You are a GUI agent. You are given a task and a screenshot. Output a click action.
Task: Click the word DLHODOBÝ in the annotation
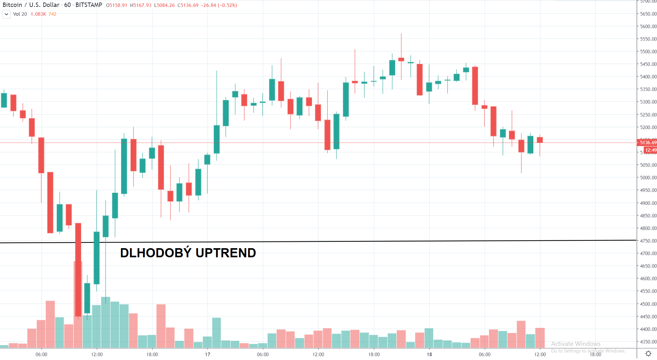[155, 253]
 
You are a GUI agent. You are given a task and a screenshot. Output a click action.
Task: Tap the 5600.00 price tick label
[648, 26]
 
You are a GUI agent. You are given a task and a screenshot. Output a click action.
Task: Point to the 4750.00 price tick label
[648, 241]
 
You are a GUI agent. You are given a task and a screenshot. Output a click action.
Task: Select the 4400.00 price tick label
[648, 329]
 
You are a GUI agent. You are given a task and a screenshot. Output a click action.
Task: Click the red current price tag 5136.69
[648, 143]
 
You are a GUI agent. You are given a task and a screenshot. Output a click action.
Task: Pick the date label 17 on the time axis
[208, 354]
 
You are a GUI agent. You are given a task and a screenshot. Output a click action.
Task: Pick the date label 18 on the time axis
[429, 354]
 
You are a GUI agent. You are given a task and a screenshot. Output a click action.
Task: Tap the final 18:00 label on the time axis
[595, 354]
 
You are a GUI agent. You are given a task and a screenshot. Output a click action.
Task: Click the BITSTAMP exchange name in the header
[89, 5]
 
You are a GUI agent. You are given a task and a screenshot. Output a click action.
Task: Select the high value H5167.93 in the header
[141, 5]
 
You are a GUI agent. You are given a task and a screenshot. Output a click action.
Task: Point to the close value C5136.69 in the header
[188, 5]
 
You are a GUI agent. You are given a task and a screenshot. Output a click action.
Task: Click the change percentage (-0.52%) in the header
[227, 5]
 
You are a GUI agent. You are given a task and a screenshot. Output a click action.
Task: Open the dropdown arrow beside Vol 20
[6, 14]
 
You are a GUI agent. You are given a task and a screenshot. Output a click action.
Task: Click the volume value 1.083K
[38, 14]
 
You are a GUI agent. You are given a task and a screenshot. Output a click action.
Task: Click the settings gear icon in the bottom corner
[648, 354]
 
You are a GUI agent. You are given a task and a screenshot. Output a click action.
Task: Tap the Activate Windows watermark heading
[576, 344]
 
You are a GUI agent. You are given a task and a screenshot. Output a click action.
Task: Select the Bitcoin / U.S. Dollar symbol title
[31, 5]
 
